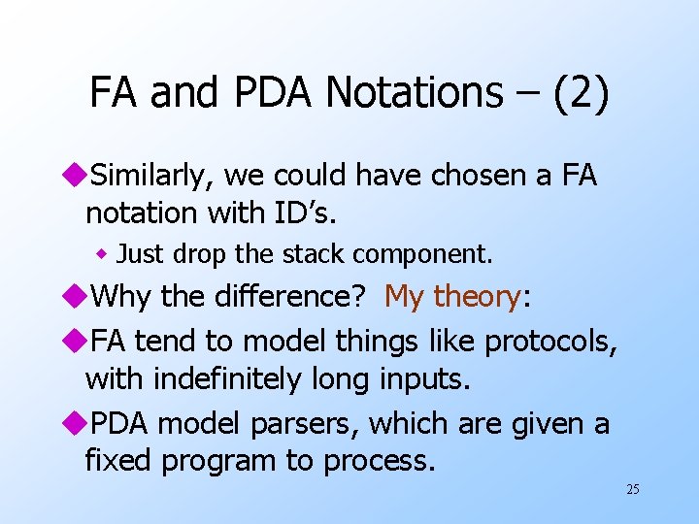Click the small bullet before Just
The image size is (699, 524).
tap(101, 255)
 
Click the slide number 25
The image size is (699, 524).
tap(632, 489)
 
